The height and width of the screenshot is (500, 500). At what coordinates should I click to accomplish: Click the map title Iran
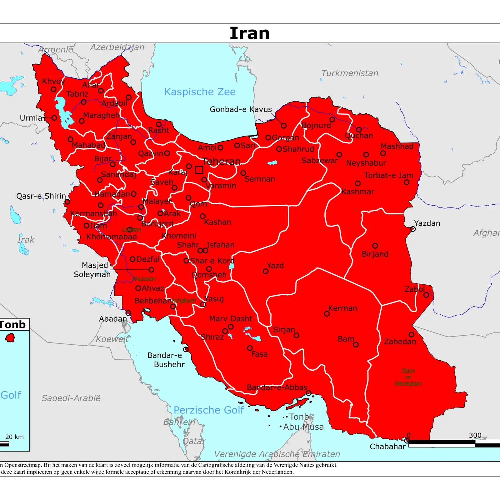[x=249, y=33]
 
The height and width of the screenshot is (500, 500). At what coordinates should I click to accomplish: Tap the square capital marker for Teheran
[x=199, y=170]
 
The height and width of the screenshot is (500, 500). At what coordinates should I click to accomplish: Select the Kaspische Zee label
[x=200, y=92]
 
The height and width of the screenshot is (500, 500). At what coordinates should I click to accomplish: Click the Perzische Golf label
[x=208, y=410]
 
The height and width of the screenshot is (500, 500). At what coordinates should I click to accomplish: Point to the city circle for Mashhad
[x=383, y=153]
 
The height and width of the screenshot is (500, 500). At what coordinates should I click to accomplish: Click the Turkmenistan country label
[x=350, y=73]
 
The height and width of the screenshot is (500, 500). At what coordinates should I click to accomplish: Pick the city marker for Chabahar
[x=407, y=441]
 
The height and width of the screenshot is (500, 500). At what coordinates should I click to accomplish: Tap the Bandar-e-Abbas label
[x=277, y=387]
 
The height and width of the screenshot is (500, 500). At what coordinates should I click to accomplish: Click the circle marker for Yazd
[x=266, y=271]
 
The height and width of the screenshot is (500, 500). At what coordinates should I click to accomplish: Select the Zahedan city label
[x=400, y=342]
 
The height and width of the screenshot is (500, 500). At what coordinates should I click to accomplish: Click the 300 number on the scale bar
[x=475, y=435]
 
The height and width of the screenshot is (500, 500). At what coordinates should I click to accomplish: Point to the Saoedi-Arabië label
[x=71, y=398]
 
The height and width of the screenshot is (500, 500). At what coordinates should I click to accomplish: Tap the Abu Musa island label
[x=303, y=427]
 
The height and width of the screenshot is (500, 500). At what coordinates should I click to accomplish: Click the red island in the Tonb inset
[x=10, y=338]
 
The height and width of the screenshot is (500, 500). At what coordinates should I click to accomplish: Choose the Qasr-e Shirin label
[x=41, y=196]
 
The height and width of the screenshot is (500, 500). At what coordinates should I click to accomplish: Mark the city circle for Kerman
[x=327, y=314]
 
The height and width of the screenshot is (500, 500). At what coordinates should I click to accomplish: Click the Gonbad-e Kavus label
[x=241, y=109]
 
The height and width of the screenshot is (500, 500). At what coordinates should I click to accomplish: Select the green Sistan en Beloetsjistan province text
[x=408, y=377]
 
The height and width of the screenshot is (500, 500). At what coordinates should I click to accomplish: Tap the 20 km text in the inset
[x=14, y=437]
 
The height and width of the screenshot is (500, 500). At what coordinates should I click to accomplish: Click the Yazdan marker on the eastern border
[x=413, y=229]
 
